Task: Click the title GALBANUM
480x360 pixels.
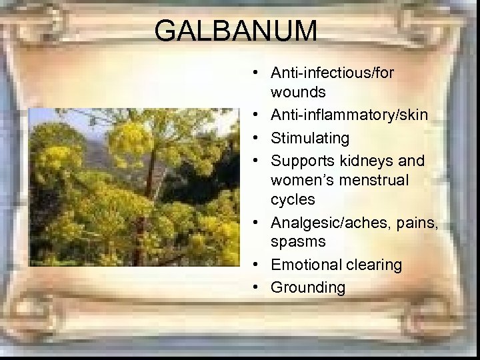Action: tap(235, 31)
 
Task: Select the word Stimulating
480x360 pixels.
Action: tap(310, 138)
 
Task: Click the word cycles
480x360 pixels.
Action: tap(293, 199)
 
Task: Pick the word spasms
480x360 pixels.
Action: tap(298, 241)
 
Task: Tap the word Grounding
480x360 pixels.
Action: tap(308, 288)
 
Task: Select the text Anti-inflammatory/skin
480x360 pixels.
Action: tap(349, 115)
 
